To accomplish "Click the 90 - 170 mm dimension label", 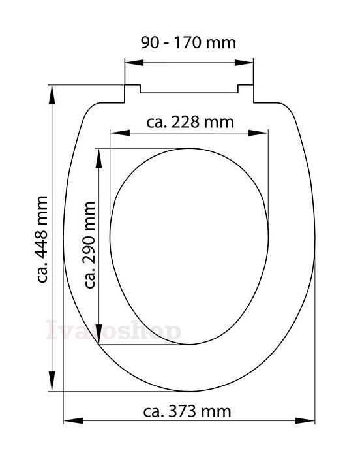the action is [x=188, y=42].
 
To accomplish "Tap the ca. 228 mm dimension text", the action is [x=190, y=122].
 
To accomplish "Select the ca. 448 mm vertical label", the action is [x=42, y=239].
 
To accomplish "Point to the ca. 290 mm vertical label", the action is [x=89, y=245].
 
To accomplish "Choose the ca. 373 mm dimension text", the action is [x=187, y=411].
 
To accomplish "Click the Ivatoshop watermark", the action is [x=113, y=330].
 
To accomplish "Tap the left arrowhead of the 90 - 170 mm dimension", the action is [x=134, y=63].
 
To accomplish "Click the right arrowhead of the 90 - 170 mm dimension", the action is [x=244, y=63].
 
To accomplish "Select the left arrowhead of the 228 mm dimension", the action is [x=120, y=133].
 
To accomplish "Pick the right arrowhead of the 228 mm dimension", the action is [x=258, y=133].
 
